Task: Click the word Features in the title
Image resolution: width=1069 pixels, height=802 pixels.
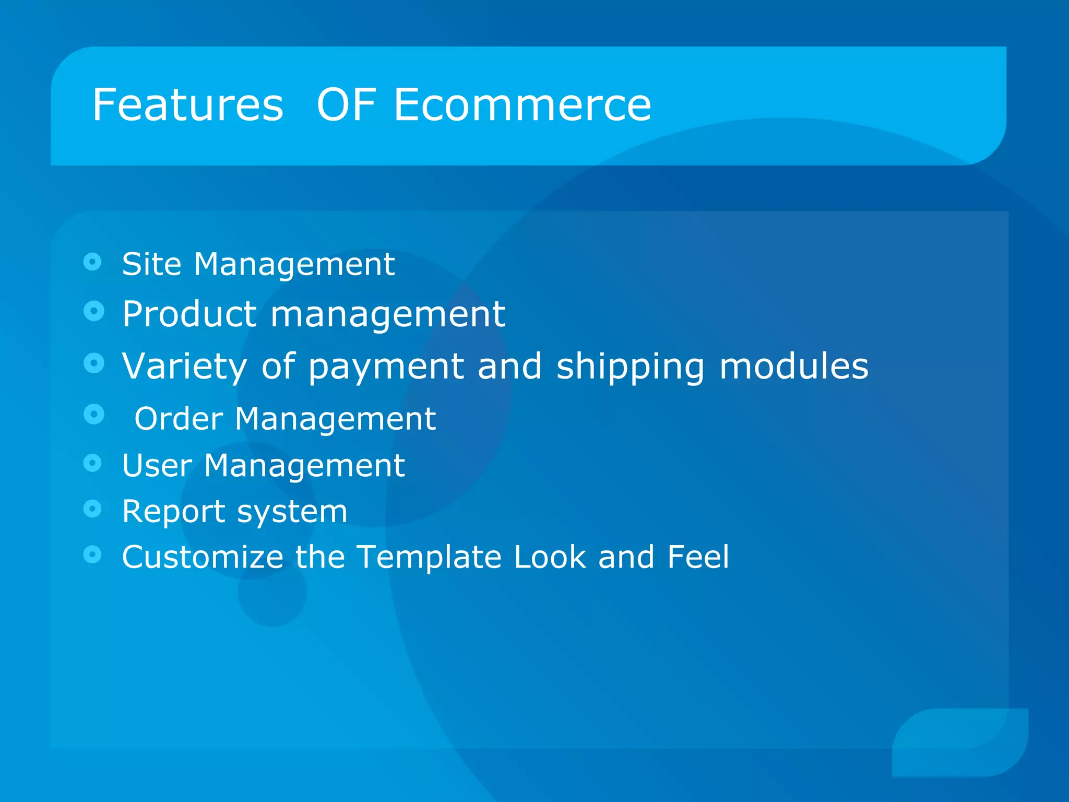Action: click(188, 105)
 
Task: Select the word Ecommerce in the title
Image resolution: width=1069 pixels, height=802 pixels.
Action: click(522, 105)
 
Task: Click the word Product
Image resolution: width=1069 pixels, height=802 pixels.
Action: click(189, 314)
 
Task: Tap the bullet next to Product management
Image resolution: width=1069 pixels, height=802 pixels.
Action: click(94, 311)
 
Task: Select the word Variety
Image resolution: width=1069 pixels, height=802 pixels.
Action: click(184, 366)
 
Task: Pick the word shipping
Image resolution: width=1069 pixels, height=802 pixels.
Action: click(631, 367)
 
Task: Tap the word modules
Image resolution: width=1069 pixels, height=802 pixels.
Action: click(794, 366)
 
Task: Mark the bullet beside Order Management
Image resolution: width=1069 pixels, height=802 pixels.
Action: click(94, 415)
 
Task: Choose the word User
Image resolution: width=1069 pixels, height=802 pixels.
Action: click(157, 465)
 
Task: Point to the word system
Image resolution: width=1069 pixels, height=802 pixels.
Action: click(292, 512)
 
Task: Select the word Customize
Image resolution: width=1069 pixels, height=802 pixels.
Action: click(203, 557)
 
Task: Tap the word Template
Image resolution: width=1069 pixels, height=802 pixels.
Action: click(429, 558)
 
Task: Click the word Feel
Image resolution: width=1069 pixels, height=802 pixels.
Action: click(698, 557)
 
